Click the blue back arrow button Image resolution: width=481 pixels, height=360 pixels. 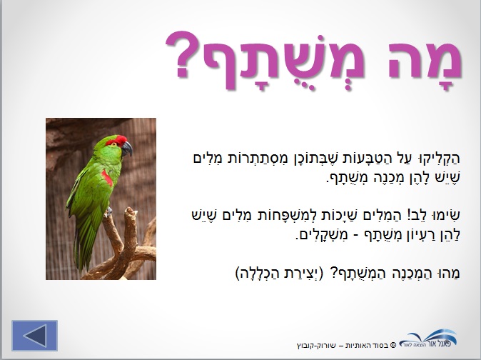(35, 336)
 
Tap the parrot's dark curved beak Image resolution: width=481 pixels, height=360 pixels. (127, 149)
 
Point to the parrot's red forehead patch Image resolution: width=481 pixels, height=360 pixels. (116, 141)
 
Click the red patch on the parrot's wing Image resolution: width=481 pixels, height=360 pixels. (107, 178)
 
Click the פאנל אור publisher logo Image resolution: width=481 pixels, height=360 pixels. (429, 338)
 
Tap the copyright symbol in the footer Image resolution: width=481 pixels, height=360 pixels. (393, 345)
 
